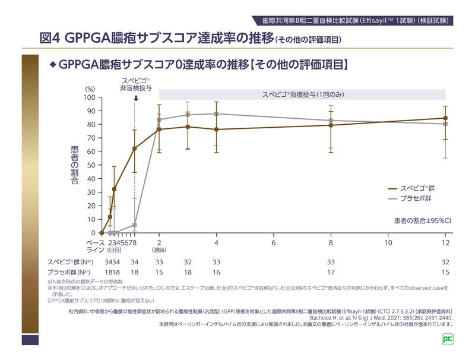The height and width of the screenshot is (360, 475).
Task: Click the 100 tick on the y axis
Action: [88, 97]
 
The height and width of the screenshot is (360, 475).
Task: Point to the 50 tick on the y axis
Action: [90, 165]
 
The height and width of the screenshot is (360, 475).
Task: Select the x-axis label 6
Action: [274, 243]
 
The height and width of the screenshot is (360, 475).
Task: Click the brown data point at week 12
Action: [445, 118]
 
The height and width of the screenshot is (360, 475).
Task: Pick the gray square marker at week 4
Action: [217, 113]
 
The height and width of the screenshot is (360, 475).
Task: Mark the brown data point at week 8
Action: [331, 125]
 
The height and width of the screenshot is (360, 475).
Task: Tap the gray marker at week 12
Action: [445, 124]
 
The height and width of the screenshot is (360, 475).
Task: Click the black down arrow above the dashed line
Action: [135, 97]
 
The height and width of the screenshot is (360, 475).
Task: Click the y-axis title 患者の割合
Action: [75, 165]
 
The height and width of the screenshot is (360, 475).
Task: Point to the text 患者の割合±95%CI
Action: [422, 220]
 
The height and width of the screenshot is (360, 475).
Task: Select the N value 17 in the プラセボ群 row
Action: [331, 272]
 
